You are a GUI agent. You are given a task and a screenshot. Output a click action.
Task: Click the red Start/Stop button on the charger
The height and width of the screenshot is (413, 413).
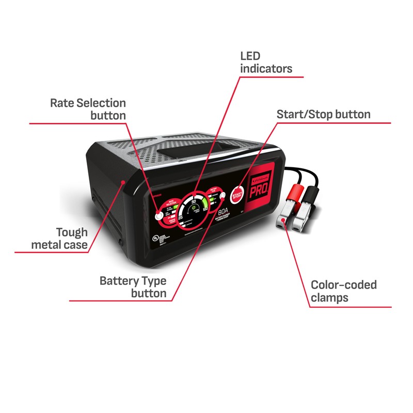click(237, 195)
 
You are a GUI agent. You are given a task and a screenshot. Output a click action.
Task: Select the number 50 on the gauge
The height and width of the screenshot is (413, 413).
click(194, 200)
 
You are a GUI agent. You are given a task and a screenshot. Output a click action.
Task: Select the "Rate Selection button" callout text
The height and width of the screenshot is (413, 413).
click(88, 109)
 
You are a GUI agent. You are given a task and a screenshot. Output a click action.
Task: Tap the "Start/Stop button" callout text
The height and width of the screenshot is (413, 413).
click(324, 114)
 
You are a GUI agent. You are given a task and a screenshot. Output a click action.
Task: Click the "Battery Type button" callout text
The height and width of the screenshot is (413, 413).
click(133, 288)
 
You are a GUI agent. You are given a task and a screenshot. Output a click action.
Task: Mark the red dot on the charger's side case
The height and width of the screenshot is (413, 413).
click(122, 182)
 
